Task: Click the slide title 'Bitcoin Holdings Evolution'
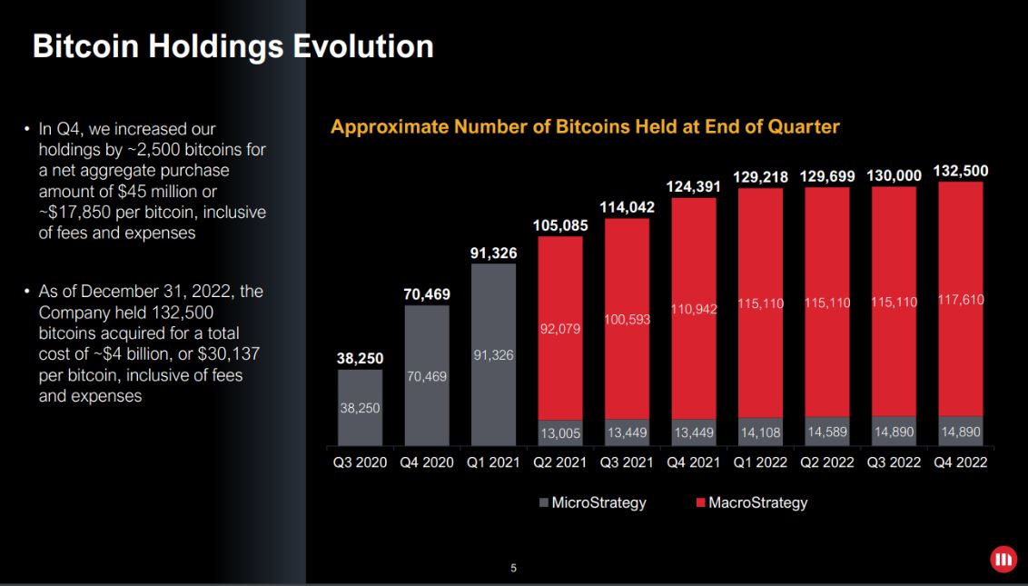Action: [232, 46]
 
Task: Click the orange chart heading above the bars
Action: [585, 127]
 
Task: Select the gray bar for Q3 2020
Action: [361, 407]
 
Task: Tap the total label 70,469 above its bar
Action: [427, 294]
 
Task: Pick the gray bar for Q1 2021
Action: [493, 354]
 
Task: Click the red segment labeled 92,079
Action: [560, 328]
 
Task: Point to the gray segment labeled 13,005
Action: [560, 433]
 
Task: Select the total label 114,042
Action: [627, 207]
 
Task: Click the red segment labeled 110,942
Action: [695, 309]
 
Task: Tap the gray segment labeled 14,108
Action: [761, 432]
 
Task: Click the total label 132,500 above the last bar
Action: [961, 172]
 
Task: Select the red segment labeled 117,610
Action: [961, 299]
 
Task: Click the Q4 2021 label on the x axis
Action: [695, 462]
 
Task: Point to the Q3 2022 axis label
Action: [895, 462]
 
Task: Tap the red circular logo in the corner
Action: [1003, 560]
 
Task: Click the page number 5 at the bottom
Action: [513, 570]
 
